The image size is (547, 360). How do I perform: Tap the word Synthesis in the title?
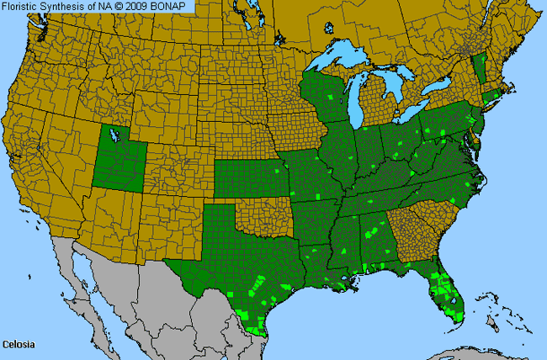pos(66,8)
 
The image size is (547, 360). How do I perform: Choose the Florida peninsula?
pos(446,294)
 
